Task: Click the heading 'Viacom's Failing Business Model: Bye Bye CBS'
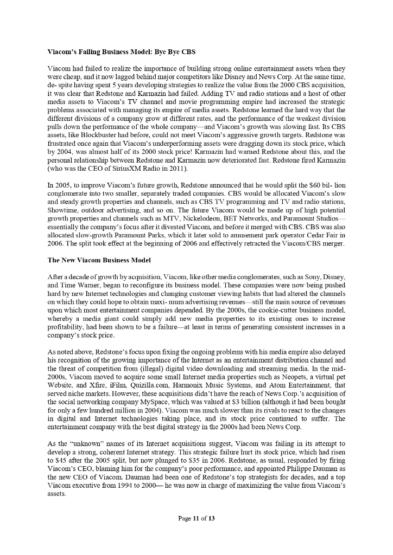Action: pos(122,53)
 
